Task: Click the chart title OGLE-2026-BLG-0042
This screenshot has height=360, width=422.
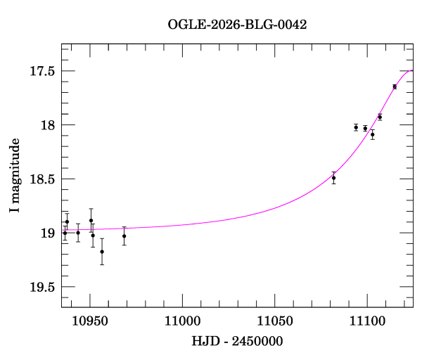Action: click(237, 24)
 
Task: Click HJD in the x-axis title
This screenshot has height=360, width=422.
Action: click(205, 341)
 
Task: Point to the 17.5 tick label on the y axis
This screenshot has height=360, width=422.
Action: click(42, 71)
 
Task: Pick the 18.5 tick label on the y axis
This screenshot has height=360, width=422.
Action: click(42, 179)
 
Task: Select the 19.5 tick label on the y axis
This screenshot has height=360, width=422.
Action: click(42, 286)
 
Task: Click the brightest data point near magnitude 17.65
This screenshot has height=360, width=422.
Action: click(395, 86)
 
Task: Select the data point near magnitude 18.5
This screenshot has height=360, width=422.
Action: click(333, 178)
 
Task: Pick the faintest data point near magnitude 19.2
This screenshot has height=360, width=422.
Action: click(102, 252)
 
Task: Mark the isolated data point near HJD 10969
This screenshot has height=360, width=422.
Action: click(124, 236)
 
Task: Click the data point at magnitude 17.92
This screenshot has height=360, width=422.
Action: click(380, 117)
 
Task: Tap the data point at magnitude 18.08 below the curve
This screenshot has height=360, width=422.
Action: click(372, 134)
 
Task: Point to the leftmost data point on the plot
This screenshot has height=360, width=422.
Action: click(65, 233)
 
